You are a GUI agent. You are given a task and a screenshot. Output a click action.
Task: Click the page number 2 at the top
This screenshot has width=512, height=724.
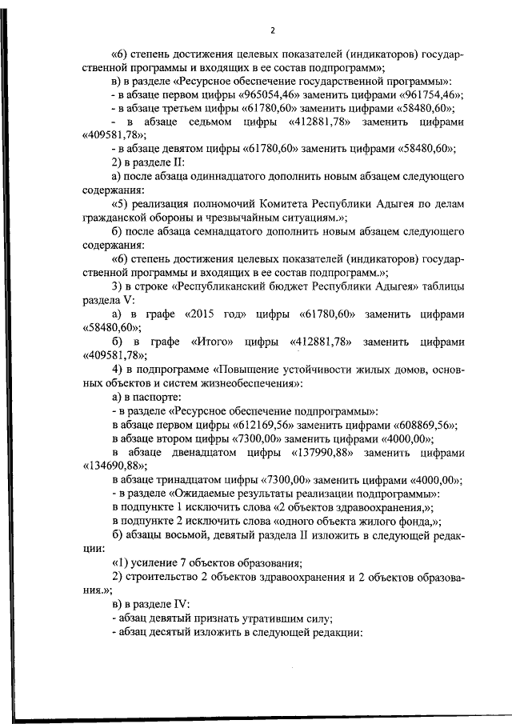pyautogui.click(x=272, y=31)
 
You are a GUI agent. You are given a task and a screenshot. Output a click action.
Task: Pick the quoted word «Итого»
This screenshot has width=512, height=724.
pyautogui.click(x=213, y=342)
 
